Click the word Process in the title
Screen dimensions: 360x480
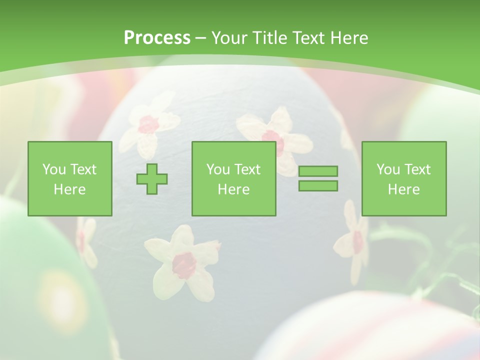pyautogui.click(x=157, y=38)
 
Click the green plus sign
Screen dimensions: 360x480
pyautogui.click(x=152, y=179)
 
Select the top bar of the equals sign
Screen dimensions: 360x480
pyautogui.click(x=318, y=171)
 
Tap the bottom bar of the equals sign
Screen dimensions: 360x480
pyautogui.click(x=318, y=185)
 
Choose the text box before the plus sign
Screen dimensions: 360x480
pyautogui.click(x=69, y=178)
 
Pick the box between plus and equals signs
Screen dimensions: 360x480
pyautogui.click(x=233, y=178)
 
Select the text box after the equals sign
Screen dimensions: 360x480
pyautogui.click(x=403, y=178)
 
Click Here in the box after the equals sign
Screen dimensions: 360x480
pyautogui.click(x=403, y=189)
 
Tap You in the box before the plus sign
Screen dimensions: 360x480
pyautogui.click(x=53, y=169)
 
